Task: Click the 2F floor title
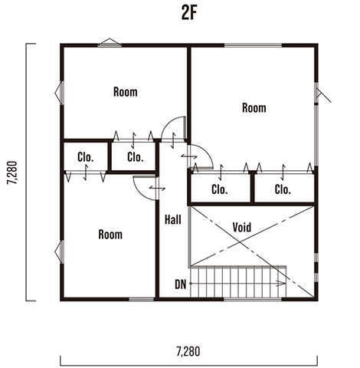189,14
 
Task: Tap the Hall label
173,220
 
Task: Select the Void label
242,227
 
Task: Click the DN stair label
181,284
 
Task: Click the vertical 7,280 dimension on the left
12,172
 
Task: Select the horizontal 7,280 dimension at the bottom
188,351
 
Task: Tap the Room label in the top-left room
126,92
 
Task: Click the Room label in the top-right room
254,107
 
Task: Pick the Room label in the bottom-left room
110,235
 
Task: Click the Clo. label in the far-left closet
86,157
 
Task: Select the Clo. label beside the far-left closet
136,157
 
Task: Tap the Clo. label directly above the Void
220,189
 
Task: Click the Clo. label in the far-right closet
283,189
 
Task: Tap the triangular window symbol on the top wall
110,42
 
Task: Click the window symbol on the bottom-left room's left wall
59,252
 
